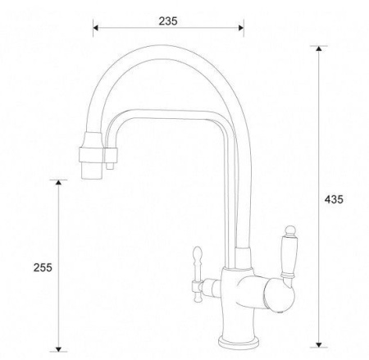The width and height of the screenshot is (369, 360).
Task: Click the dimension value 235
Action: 168,21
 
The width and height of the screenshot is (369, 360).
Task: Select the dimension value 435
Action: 334,199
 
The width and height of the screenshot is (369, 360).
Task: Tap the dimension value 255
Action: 43,267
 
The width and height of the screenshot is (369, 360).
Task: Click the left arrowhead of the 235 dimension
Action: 95,28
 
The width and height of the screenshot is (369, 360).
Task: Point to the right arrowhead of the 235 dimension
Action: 241,28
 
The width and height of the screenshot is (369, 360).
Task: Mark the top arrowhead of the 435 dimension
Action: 318,48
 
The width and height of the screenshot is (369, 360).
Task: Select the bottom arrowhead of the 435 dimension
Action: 318,344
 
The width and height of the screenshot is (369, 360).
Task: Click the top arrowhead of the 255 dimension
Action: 58,182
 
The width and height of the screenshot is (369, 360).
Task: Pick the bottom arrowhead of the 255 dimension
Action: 58,349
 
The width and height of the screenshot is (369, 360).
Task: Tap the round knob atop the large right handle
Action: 290,230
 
